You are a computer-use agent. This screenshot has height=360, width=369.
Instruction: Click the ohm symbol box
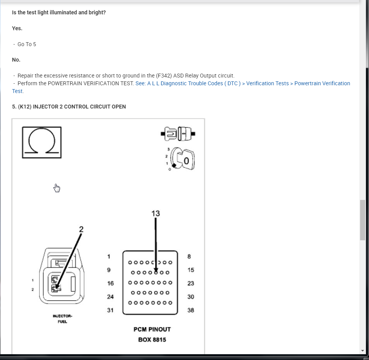[x=42, y=142]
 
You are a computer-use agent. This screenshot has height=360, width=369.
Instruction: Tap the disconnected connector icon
[x=178, y=134]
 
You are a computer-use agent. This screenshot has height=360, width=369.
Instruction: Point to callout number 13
[x=156, y=214]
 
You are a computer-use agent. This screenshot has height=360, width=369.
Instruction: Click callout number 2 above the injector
[x=81, y=229]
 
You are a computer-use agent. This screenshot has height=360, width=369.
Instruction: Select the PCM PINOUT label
[x=152, y=329]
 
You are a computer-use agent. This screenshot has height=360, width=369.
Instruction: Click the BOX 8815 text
[x=152, y=340]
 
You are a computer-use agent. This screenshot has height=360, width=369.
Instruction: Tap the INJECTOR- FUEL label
[x=62, y=319]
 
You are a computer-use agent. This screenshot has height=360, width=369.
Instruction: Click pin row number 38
[x=191, y=310]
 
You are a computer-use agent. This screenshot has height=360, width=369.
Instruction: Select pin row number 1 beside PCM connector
[x=109, y=257]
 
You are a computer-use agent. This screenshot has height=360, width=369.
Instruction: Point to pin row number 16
[x=110, y=283]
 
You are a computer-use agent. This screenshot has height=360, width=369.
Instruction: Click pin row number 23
[x=191, y=283]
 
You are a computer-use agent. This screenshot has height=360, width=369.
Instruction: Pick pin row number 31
[x=110, y=310]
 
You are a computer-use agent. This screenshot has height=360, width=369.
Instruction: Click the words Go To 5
[x=27, y=44]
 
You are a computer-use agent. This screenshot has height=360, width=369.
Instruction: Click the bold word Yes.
[x=17, y=28]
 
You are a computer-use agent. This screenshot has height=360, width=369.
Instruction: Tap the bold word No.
[x=16, y=60]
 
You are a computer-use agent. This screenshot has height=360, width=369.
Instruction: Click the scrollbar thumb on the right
[x=362, y=220]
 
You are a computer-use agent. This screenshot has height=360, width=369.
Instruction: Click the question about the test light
[x=59, y=12]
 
